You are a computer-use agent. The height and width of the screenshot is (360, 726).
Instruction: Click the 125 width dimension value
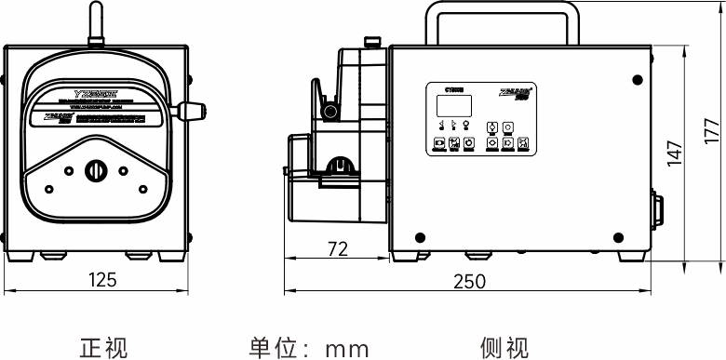101,279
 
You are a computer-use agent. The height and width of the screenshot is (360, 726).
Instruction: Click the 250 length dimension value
468,281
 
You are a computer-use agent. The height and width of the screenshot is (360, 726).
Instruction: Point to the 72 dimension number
339,248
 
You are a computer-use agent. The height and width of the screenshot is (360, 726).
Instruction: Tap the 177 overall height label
712,130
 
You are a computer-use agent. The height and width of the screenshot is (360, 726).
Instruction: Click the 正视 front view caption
103,348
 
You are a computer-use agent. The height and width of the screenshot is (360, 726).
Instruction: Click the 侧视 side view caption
504,348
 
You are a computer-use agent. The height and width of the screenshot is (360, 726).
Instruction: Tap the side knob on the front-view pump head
193,111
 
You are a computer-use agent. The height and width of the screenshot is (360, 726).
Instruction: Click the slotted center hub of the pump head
96,171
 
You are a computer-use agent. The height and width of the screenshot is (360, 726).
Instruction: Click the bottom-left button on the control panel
438,144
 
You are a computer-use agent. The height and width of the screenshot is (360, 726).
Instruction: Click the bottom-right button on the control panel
523,144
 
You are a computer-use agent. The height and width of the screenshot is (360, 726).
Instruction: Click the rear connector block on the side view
658,213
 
